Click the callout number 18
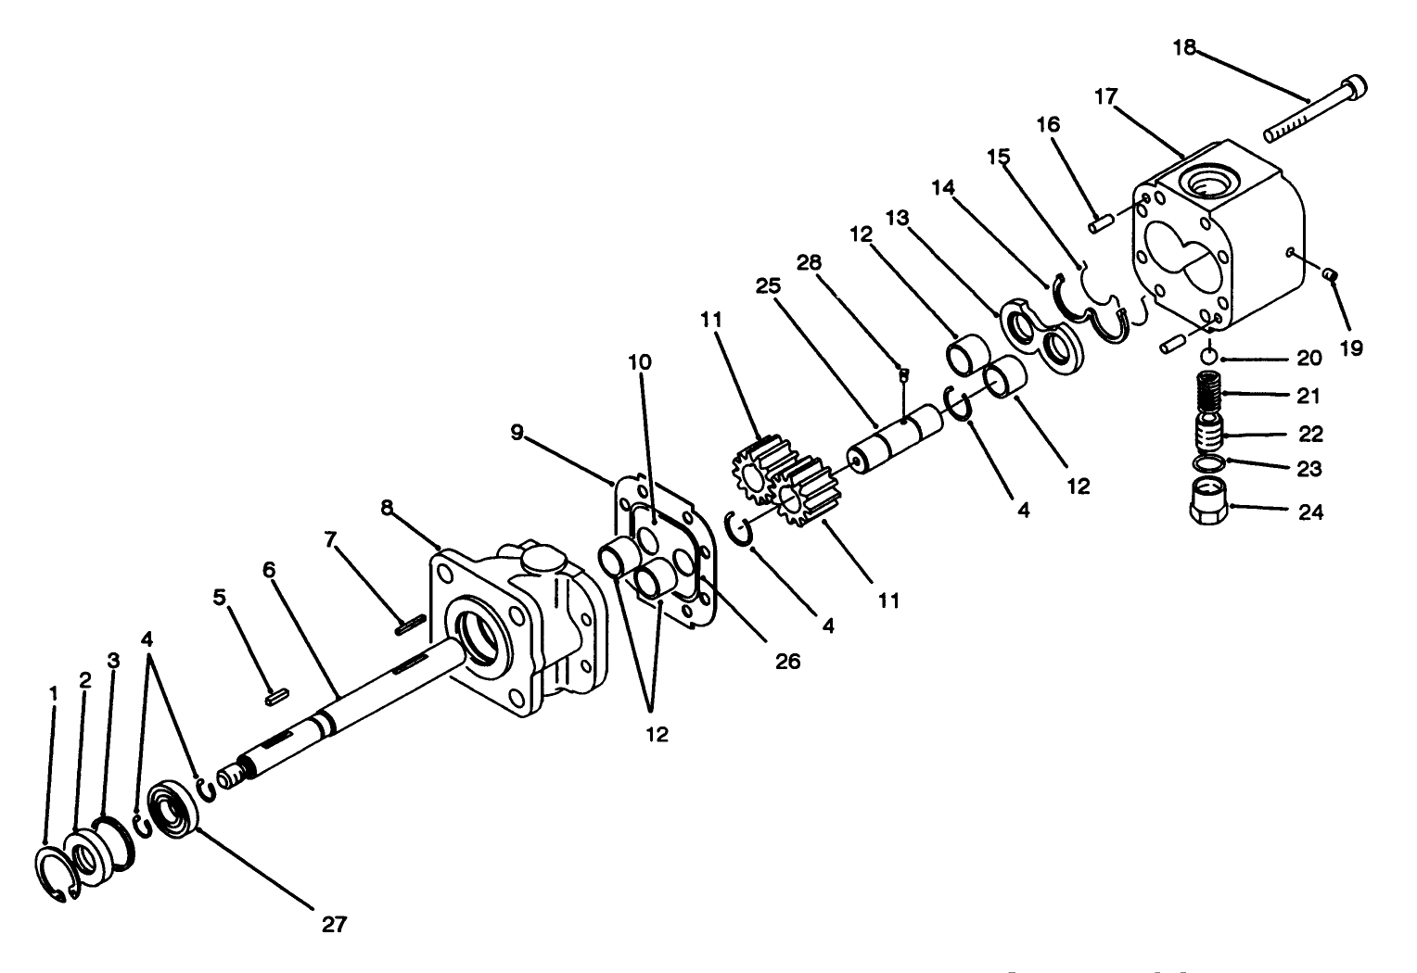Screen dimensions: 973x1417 (x=1184, y=47)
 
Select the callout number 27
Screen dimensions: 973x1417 (x=334, y=924)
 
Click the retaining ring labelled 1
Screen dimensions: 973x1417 (x=56, y=873)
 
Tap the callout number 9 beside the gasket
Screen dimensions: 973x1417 (x=517, y=431)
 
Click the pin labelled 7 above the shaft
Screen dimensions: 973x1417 (x=409, y=625)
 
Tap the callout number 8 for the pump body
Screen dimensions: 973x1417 (x=387, y=508)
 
